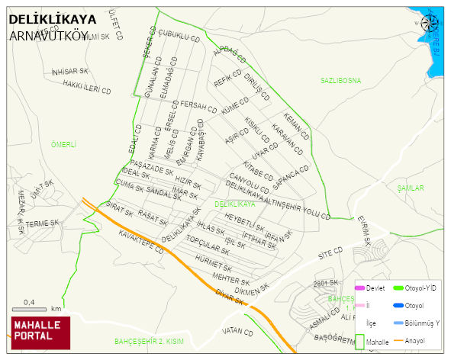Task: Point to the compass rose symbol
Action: coord(430,24)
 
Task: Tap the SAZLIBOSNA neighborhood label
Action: coord(341,79)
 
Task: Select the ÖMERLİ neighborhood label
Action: coord(64,144)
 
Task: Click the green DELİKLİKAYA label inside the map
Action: coord(235,204)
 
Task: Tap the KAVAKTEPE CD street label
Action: coord(142,244)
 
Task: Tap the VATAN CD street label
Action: coord(237,333)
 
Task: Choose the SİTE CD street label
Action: coord(330,252)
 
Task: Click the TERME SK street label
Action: coord(42,223)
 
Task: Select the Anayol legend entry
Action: coord(413,340)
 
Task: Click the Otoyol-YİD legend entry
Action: coord(413,288)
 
